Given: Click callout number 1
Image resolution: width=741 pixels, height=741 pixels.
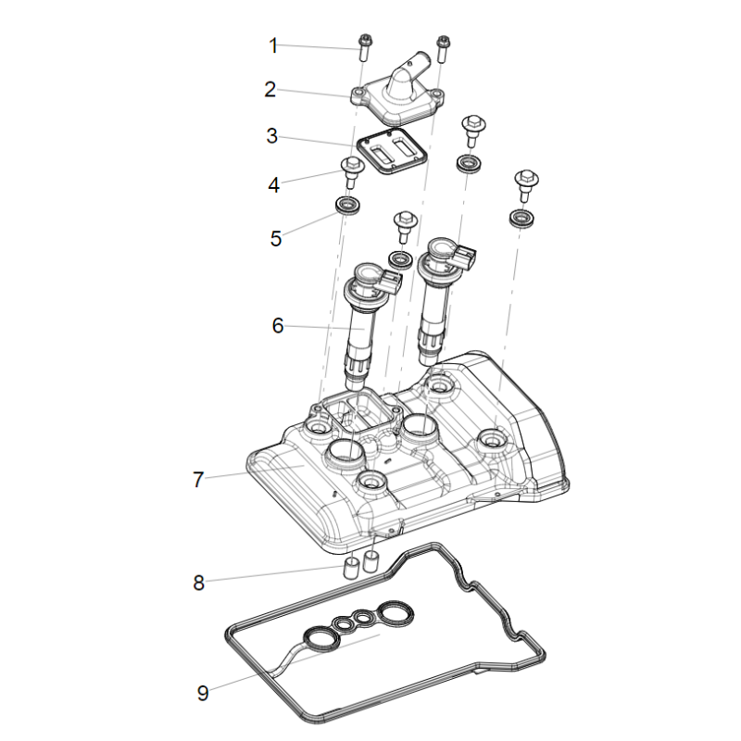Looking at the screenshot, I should pos(273,44).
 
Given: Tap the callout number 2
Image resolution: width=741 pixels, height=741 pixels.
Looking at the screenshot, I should pos(270,90).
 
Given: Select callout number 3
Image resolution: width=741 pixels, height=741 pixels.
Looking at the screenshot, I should pos(271,136).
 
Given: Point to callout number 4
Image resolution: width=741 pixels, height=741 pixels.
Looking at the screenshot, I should pos(273,184).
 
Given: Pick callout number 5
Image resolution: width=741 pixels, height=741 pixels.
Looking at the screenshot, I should pos(275,238).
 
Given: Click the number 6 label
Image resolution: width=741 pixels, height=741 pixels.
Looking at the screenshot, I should pos(277,325).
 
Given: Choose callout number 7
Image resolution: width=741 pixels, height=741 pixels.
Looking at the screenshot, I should pos(198,479).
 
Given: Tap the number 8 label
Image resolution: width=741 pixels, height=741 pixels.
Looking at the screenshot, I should pos(198,583).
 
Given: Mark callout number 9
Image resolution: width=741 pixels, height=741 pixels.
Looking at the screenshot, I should pos(203,692).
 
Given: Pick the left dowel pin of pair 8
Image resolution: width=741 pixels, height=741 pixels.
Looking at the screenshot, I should pos(352,568).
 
